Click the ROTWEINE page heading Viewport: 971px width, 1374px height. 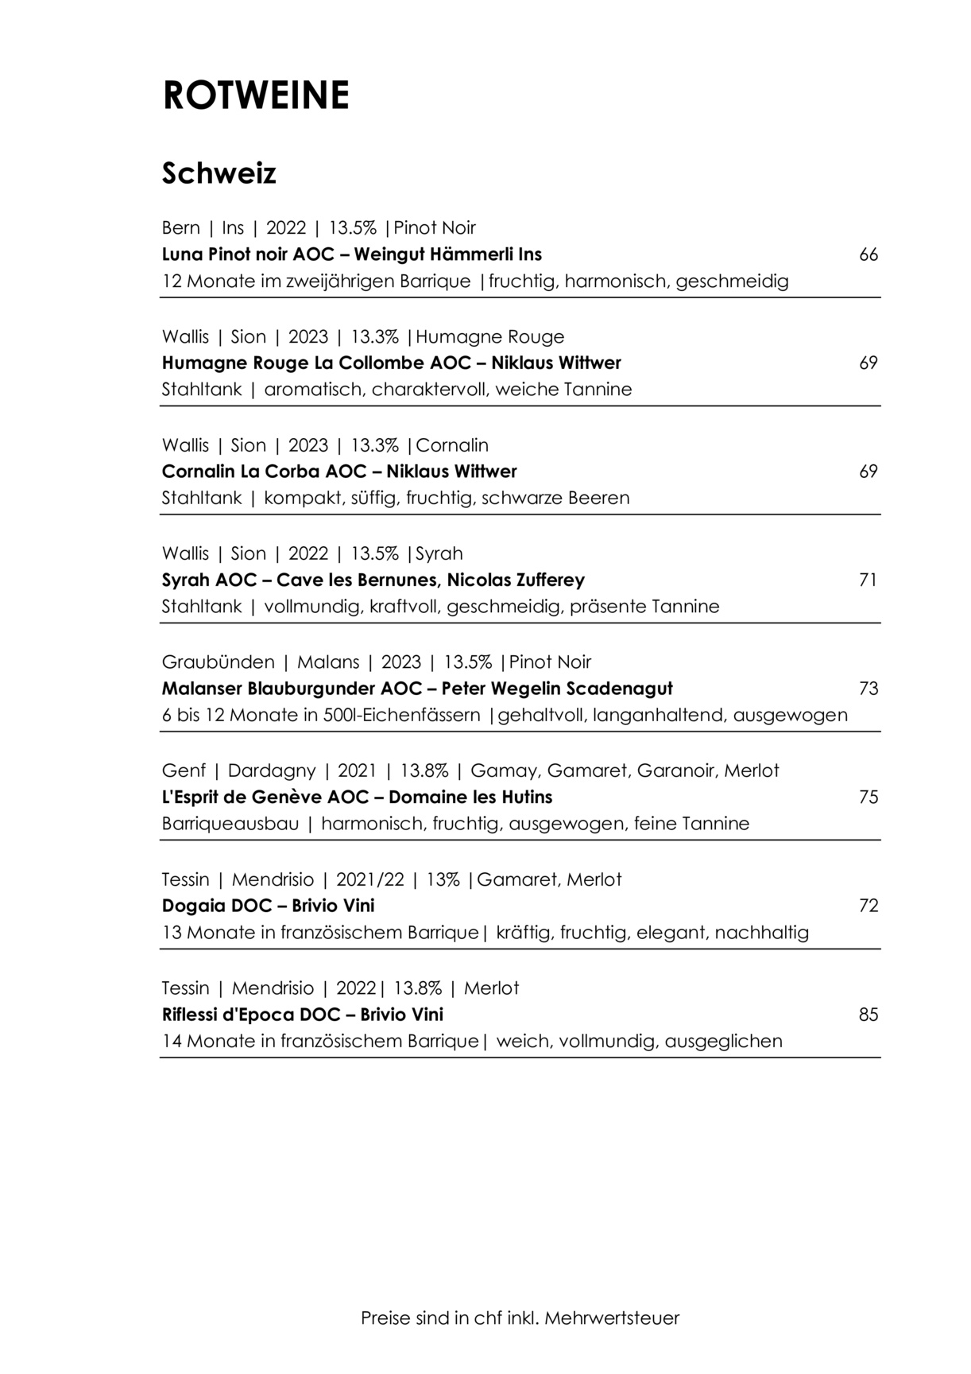(x=255, y=95)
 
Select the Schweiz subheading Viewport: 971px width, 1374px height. (x=219, y=173)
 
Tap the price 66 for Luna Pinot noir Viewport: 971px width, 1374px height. (x=868, y=255)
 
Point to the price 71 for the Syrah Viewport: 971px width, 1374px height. (x=868, y=580)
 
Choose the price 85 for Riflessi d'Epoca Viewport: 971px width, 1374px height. (x=868, y=1015)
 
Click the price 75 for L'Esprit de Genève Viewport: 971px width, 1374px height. (x=868, y=798)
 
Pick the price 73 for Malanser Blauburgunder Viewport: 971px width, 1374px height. (x=868, y=689)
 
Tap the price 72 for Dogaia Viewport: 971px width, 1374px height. (x=868, y=906)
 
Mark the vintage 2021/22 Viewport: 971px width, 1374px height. (x=369, y=880)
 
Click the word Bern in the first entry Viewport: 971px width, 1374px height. (x=180, y=228)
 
